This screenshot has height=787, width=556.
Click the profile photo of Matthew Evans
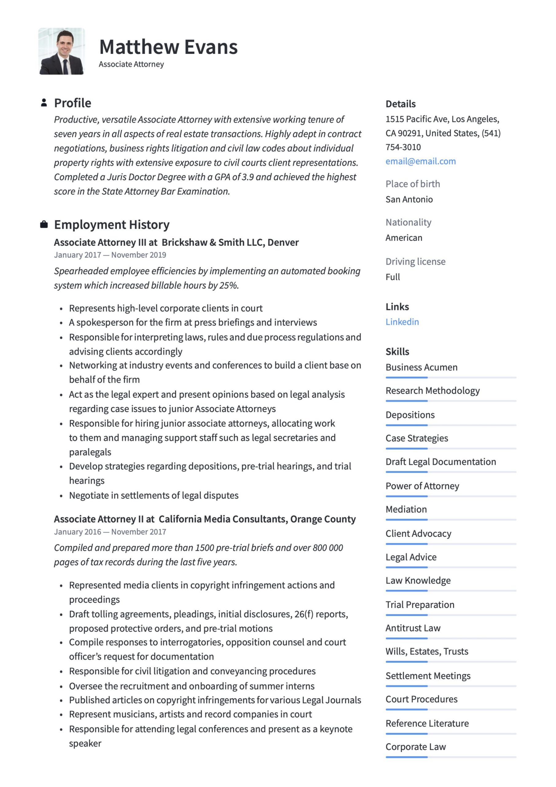click(x=62, y=51)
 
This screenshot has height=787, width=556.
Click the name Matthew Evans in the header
click(x=168, y=47)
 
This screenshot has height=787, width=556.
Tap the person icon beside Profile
click(x=44, y=102)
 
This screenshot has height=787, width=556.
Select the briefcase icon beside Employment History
click(x=44, y=224)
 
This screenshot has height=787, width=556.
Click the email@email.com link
click(x=420, y=161)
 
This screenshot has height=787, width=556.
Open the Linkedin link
click(x=402, y=322)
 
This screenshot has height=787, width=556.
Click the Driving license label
click(x=415, y=261)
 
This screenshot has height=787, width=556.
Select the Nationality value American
click(x=404, y=238)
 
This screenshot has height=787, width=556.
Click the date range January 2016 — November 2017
click(x=110, y=532)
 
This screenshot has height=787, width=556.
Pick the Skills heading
click(x=397, y=351)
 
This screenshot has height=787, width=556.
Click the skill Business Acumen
click(x=421, y=367)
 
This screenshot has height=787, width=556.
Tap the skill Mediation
click(x=406, y=509)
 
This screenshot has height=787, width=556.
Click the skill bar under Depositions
click(x=451, y=425)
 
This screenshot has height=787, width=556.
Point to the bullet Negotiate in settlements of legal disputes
click(x=154, y=495)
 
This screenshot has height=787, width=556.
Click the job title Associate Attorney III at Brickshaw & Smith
click(x=176, y=242)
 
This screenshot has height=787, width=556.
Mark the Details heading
click(x=400, y=104)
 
